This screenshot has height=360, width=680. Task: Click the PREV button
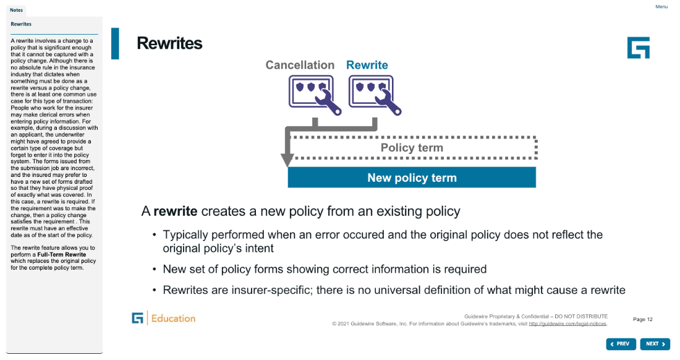point(621,344)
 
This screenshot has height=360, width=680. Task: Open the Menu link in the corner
point(661,7)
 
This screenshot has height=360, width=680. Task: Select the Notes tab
point(17,10)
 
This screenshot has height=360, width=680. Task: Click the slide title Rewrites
point(169,43)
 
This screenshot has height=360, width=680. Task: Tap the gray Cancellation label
point(300,65)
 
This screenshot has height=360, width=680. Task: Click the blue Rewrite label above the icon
point(367,65)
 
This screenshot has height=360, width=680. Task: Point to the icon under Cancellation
point(315,95)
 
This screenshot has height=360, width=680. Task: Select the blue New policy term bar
point(412,178)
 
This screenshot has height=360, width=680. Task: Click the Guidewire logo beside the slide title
point(639,48)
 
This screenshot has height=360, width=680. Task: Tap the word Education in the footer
point(174,319)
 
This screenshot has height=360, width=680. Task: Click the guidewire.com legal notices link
point(567,324)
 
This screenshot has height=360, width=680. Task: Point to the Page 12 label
point(643,319)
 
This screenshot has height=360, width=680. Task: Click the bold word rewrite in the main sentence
point(176,211)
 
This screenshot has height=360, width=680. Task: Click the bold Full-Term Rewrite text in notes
point(62,255)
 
